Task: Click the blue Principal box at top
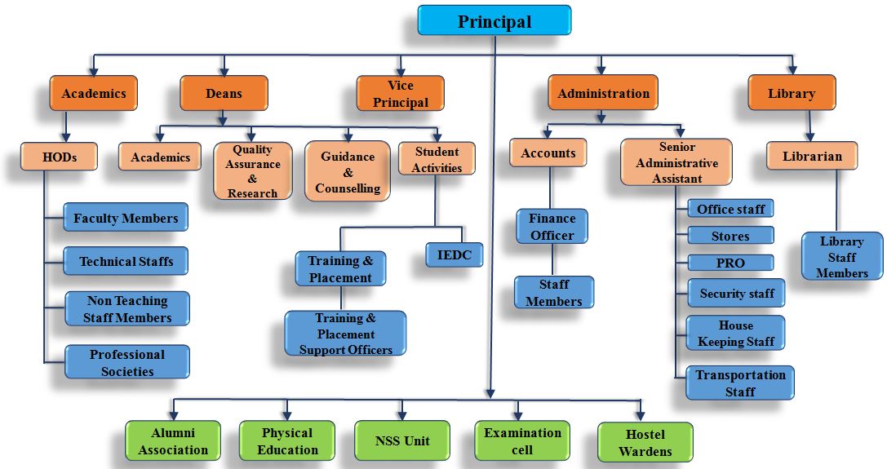(494, 20)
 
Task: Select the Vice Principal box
(400, 94)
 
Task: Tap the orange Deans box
(224, 93)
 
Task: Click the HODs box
(60, 157)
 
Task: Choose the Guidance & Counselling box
(348, 172)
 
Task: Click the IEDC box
(454, 254)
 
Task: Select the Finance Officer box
(552, 227)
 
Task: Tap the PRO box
(730, 263)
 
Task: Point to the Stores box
(730, 236)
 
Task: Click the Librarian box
(812, 156)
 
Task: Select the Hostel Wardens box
(645, 442)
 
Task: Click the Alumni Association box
(173, 441)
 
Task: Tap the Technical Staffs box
(126, 262)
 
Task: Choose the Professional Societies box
(127, 362)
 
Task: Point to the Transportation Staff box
(739, 383)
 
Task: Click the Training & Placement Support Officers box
(345, 334)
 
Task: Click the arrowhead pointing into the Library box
(792, 71)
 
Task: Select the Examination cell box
(522, 441)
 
